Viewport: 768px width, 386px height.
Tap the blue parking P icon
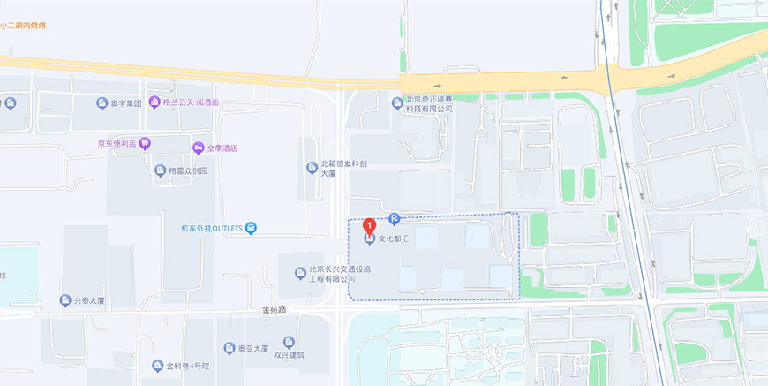[x=394, y=219]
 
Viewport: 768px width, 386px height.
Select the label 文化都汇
[x=395, y=239]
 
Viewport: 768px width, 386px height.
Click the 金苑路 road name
[x=275, y=310]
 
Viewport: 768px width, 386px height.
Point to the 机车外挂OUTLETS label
[x=212, y=229]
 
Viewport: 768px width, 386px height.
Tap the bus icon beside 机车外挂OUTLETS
[x=252, y=229]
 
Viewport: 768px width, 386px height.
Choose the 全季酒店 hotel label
[x=222, y=148]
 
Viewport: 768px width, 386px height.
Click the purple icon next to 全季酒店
[x=199, y=148]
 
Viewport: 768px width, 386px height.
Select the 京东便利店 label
[x=117, y=143]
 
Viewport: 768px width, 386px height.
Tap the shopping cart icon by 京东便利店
[x=145, y=143]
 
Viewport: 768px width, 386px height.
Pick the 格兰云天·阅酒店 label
[x=191, y=102]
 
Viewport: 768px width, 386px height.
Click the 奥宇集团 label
[x=125, y=103]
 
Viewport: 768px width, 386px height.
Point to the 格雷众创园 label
[x=187, y=170]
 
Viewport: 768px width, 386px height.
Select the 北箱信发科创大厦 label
[x=343, y=168]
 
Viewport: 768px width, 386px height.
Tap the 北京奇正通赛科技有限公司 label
[x=428, y=104]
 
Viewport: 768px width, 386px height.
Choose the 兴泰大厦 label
[x=88, y=301]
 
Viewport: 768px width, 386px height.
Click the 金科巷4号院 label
[x=187, y=365]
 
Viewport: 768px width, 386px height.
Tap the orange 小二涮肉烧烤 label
[x=23, y=26]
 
